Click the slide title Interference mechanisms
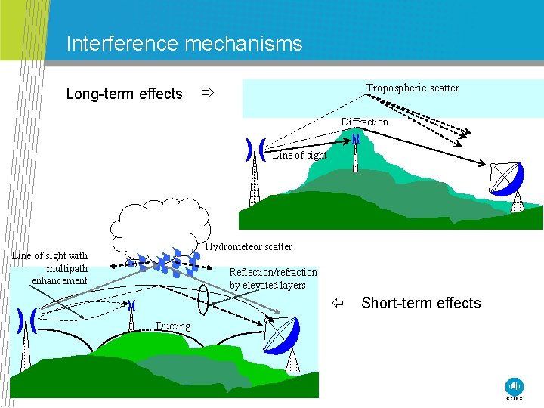[x=184, y=44]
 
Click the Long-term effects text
[x=124, y=94]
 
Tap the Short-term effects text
[x=421, y=303]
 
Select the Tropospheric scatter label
[x=413, y=88]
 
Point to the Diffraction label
[x=364, y=122]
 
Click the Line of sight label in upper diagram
[x=299, y=155]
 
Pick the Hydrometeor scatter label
[x=249, y=246]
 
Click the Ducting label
[x=173, y=326]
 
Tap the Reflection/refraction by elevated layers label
[x=273, y=278]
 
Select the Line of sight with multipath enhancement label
[x=51, y=267]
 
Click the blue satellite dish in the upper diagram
[x=508, y=180]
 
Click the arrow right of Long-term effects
[x=207, y=94]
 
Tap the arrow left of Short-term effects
[x=339, y=304]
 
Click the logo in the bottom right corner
[x=515, y=387]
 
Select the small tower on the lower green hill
[x=132, y=318]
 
